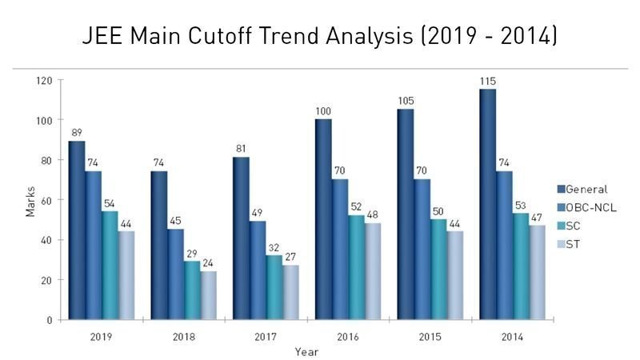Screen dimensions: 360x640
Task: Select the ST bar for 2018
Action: [x=208, y=295]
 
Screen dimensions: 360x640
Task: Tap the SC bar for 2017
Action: [x=274, y=287]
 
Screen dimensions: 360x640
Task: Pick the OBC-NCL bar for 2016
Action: [x=339, y=249]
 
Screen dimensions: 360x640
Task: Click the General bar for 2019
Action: [x=77, y=230]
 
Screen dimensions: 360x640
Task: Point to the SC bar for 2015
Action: [x=438, y=269]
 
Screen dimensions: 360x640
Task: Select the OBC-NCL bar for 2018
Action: [x=175, y=274]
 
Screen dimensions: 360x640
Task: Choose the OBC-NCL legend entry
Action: [x=591, y=207]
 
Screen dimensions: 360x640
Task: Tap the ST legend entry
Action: [x=574, y=242]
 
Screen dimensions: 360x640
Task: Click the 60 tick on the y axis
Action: [x=46, y=200]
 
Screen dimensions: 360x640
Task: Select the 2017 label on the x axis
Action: [x=266, y=337]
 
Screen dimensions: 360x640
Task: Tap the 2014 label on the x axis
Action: [x=513, y=337]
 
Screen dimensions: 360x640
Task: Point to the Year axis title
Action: [x=306, y=351]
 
